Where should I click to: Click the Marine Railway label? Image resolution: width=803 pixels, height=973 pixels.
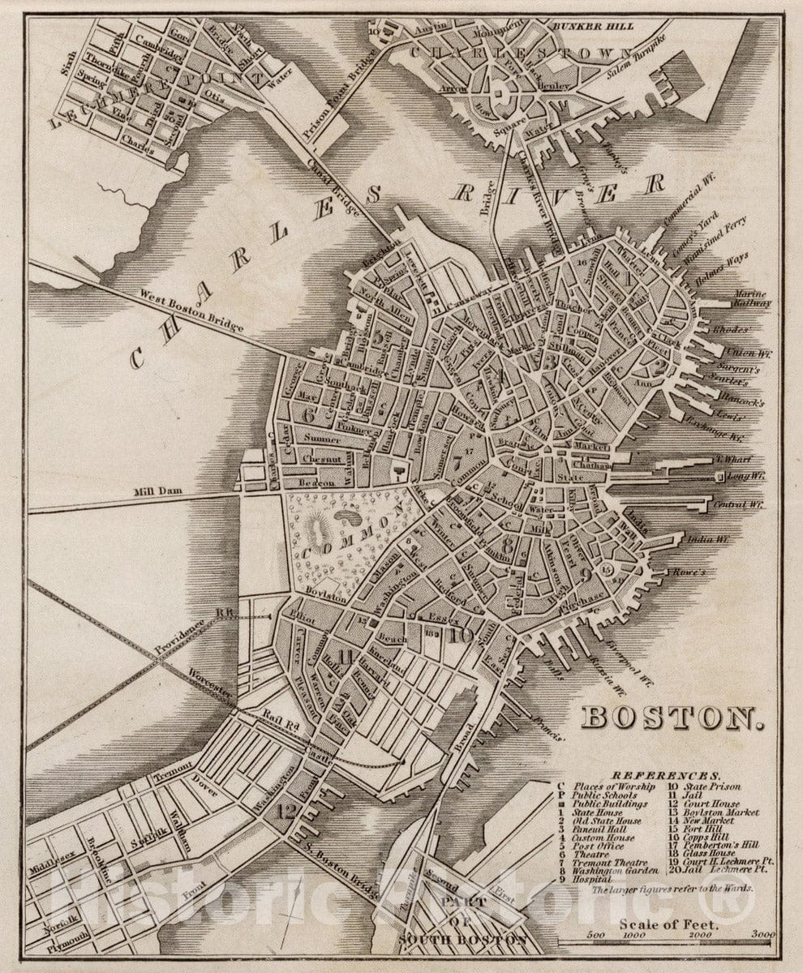tap(751, 298)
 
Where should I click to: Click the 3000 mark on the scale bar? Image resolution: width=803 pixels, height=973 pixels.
tap(762, 935)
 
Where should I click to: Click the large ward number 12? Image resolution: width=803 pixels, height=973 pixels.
tap(286, 809)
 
